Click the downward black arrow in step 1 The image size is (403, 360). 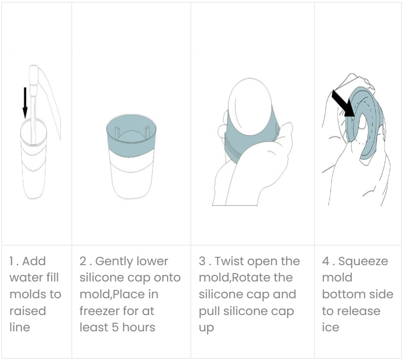(x=25, y=103)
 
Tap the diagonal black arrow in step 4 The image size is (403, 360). (x=343, y=103)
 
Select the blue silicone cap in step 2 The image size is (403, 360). (x=131, y=135)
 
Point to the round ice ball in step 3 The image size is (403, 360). (x=250, y=106)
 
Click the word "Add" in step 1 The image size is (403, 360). (x=34, y=261)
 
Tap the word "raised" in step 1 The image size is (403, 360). (x=28, y=311)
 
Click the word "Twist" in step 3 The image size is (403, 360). (x=226, y=261)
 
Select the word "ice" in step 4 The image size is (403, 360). (x=330, y=327)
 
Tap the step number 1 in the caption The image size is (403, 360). (x=11, y=261)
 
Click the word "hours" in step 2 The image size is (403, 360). (x=138, y=327)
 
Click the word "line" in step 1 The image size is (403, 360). (x=20, y=327)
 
